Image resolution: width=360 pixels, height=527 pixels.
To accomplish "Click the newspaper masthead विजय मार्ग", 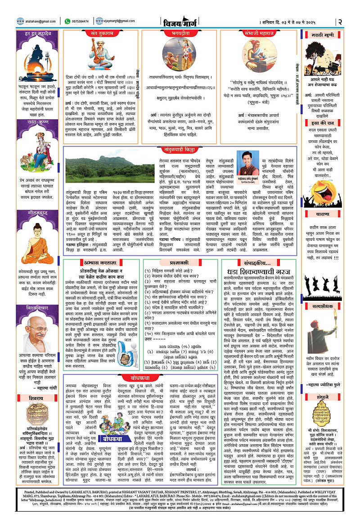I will point(180,21).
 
